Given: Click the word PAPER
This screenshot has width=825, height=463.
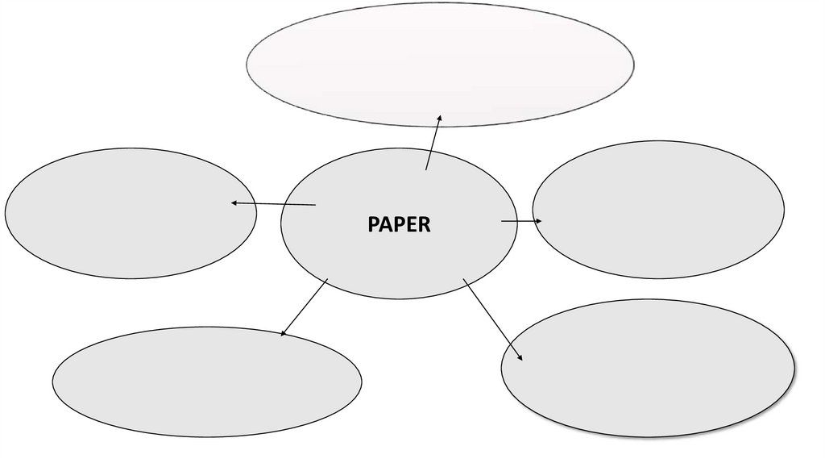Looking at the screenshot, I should (399, 224).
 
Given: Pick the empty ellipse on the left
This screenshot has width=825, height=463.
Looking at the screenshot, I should (121, 213).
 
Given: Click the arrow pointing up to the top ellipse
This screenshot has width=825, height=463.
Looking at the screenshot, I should (433, 143).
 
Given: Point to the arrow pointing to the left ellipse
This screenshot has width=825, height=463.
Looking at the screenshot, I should (273, 204).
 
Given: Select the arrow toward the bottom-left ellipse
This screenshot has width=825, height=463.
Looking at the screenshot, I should (304, 307).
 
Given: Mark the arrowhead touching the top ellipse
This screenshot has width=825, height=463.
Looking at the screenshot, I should (439, 118).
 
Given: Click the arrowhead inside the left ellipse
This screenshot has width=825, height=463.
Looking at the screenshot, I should (234, 202).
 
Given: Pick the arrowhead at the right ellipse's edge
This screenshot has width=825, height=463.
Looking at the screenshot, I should (539, 221).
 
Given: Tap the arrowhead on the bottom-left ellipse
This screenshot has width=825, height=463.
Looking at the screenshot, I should (283, 332).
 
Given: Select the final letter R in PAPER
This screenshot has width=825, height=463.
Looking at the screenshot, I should (425, 224).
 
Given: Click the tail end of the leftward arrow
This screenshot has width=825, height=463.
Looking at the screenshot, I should (314, 205).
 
